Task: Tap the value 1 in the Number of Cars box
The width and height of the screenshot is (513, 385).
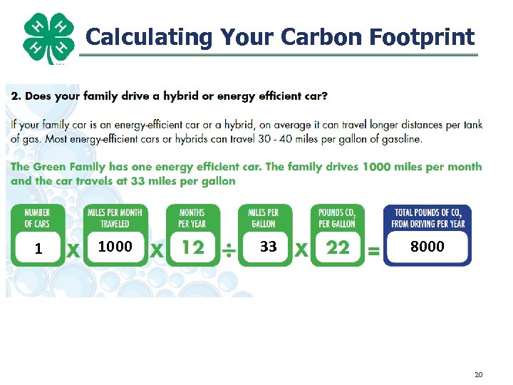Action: coord(38,249)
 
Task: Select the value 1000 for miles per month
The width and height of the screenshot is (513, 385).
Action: coord(115,246)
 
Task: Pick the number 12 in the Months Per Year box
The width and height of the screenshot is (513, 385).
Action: coord(193,247)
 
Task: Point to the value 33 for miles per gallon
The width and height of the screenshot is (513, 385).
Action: coord(268,247)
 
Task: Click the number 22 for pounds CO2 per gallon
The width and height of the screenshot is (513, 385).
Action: coord(338,247)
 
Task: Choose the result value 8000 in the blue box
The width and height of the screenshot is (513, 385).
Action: coord(427,246)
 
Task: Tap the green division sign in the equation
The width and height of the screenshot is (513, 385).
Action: coord(229,250)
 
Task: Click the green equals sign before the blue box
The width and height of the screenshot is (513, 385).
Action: coord(373,251)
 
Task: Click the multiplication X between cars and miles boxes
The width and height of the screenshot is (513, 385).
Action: coord(73,250)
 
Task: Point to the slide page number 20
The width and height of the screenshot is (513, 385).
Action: coord(478,374)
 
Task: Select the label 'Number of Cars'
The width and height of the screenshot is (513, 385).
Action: coord(37,217)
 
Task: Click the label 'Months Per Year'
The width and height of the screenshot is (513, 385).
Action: coord(192,217)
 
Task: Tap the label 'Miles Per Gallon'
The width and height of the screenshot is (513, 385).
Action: coord(263,217)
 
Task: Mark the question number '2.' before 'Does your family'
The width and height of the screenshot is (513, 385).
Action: coord(16,96)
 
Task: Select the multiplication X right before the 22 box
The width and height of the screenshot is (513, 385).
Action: coord(301,250)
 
